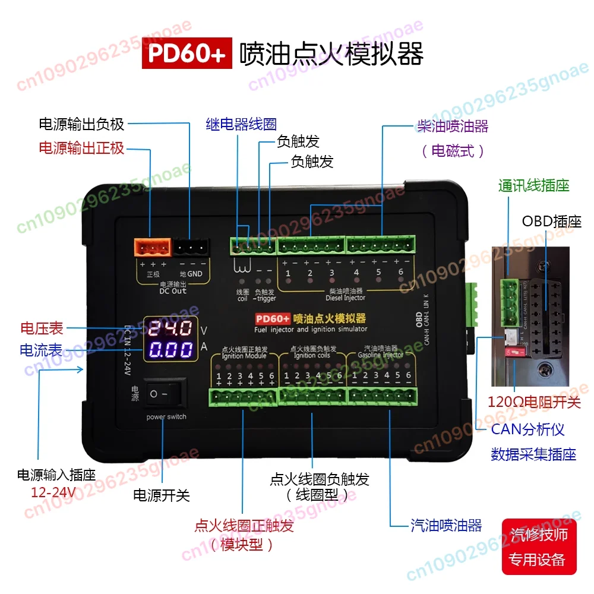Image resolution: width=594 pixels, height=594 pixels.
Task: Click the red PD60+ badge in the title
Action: pos(187,55)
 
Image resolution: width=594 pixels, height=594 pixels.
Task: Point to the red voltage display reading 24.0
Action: pos(170,328)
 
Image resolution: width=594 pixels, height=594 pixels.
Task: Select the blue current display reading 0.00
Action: pos(170,350)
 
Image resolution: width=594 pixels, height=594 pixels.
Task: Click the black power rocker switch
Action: pos(167,394)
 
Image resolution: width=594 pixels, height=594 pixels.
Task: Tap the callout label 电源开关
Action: pos(161,495)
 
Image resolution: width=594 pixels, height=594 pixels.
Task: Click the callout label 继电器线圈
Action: pos(241,125)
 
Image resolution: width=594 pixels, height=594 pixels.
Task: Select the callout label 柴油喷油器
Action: pos(453,126)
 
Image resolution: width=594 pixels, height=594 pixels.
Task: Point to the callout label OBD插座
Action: pos(552,222)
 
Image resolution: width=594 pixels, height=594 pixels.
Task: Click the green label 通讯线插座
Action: pos(534,186)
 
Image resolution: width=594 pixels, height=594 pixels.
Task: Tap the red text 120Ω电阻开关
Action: pos(534,402)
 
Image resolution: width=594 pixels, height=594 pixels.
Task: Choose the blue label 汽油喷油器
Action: pos(446,525)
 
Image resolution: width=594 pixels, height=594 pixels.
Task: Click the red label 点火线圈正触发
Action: pos(244,526)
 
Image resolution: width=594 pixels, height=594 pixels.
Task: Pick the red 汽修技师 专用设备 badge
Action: pos(539,547)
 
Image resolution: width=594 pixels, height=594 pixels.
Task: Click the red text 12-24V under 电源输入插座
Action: pos(54,492)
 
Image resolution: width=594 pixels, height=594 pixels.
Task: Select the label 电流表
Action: pos(42,350)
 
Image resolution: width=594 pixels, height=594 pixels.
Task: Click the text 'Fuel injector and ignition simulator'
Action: pos(311,329)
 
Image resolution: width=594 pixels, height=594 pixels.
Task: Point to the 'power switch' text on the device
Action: pos(166,417)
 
